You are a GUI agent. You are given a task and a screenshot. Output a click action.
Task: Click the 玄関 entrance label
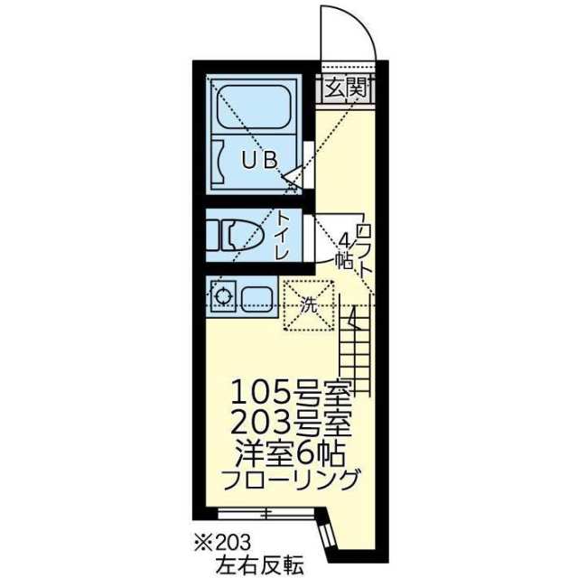(343, 88)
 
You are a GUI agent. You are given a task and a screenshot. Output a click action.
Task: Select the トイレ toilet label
(283, 236)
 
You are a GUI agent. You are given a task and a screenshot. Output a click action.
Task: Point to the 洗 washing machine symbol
(309, 305)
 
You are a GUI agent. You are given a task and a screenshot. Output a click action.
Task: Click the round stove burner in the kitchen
(222, 294)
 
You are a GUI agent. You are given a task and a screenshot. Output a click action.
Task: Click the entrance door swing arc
(358, 32)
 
